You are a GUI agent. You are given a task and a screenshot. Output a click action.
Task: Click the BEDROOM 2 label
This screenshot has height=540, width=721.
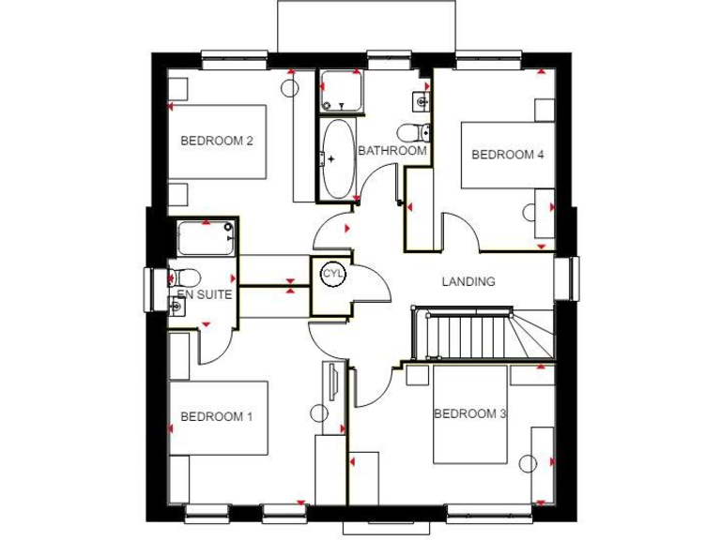(x=217, y=142)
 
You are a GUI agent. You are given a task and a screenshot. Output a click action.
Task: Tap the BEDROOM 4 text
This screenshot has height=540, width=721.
(x=507, y=155)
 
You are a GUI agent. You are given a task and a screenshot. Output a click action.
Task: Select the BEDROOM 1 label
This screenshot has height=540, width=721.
(x=217, y=416)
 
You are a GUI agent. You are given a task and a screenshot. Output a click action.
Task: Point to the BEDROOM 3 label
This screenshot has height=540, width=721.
(x=469, y=413)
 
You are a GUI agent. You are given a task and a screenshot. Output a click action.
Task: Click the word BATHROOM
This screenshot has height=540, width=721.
(x=391, y=150)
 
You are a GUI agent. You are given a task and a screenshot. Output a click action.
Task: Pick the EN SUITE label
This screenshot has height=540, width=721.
(x=205, y=294)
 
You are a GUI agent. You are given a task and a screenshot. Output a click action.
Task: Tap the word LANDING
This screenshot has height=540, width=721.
(x=468, y=281)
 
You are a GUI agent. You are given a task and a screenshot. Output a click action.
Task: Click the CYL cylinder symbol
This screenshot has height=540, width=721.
(x=332, y=274)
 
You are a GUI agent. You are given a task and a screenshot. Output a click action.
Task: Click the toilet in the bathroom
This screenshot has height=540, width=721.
(x=413, y=131)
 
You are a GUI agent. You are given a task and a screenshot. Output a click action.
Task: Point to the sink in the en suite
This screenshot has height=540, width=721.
(x=176, y=305)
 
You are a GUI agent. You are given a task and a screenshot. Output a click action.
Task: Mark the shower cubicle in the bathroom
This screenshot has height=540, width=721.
(x=339, y=91)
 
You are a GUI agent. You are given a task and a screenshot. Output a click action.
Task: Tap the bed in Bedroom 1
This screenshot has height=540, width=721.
(x=219, y=416)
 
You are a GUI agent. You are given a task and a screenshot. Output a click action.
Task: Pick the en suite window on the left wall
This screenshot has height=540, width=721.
(x=149, y=290)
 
